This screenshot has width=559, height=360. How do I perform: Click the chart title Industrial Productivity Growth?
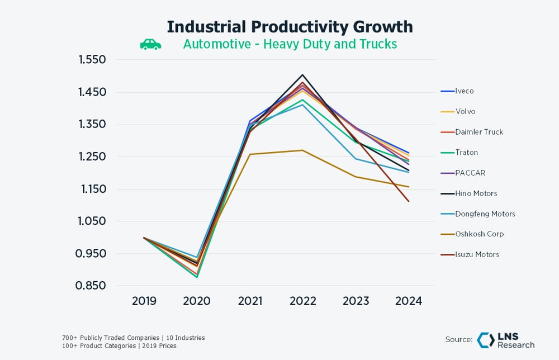click(290, 26)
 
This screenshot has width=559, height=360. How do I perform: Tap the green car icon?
click(150, 44)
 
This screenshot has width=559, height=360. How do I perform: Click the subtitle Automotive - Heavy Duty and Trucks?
click(290, 44)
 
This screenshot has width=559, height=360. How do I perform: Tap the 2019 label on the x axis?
click(144, 301)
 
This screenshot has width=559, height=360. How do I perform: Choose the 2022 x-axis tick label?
click(302, 301)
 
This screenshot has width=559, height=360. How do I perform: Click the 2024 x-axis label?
click(408, 301)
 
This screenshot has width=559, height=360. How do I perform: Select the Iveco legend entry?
click(464, 91)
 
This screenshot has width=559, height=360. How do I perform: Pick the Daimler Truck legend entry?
click(479, 132)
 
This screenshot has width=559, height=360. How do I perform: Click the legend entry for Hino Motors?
click(476, 193)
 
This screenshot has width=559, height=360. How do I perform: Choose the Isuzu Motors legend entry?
click(477, 254)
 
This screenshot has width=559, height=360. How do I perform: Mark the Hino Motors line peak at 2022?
click(302, 75)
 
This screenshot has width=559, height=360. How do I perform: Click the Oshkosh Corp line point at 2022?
click(302, 150)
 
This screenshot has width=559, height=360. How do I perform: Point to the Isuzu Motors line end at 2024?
click(409, 201)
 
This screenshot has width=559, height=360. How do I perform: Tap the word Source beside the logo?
click(458, 339)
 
